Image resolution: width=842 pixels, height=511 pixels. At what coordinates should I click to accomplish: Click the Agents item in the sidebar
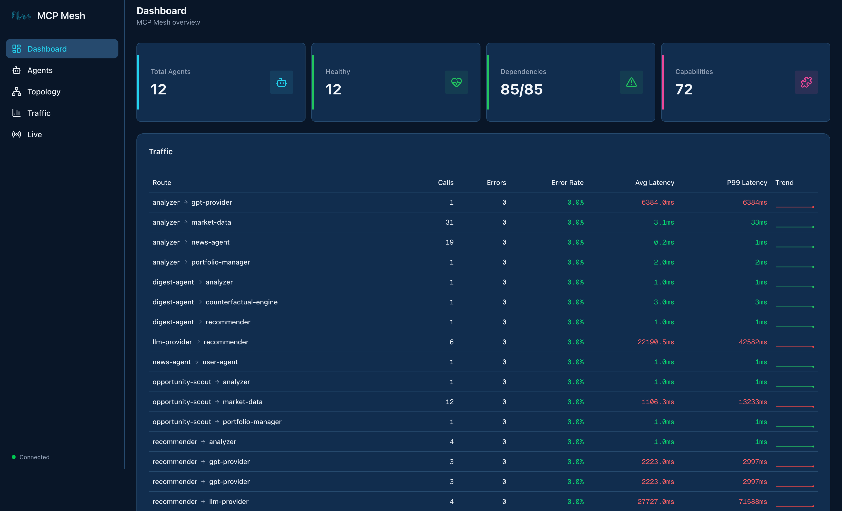pos(40,70)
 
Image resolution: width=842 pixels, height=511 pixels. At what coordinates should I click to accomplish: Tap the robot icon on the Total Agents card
pos(281,82)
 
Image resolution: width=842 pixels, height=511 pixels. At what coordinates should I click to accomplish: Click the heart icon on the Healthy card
pos(456,82)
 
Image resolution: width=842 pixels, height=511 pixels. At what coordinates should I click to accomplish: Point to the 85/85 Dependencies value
pos(521,90)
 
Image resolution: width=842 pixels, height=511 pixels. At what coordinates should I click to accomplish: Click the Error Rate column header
pos(567,183)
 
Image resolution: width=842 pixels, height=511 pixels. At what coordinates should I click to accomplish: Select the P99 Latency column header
pos(747,183)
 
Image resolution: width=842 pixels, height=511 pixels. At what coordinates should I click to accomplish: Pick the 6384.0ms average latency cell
pos(658,202)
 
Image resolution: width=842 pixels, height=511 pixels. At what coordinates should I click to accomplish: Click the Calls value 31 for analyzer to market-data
pos(449,222)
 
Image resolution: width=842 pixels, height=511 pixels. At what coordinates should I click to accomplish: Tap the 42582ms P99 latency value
pos(753,342)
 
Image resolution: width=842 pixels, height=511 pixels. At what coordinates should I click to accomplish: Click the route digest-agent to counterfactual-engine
pos(215,302)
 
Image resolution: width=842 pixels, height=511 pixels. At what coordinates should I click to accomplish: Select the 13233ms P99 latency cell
pos(753,402)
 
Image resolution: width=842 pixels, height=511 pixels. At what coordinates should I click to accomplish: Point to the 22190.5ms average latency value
pos(655,342)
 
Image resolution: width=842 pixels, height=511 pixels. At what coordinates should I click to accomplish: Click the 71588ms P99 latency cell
pos(753,502)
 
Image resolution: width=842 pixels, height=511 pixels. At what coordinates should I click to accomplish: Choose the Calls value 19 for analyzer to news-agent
pos(449,242)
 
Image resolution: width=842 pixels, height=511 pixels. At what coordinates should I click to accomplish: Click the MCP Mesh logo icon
pos(21,15)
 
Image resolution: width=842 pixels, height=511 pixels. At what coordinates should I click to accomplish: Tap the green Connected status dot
pos(14,457)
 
